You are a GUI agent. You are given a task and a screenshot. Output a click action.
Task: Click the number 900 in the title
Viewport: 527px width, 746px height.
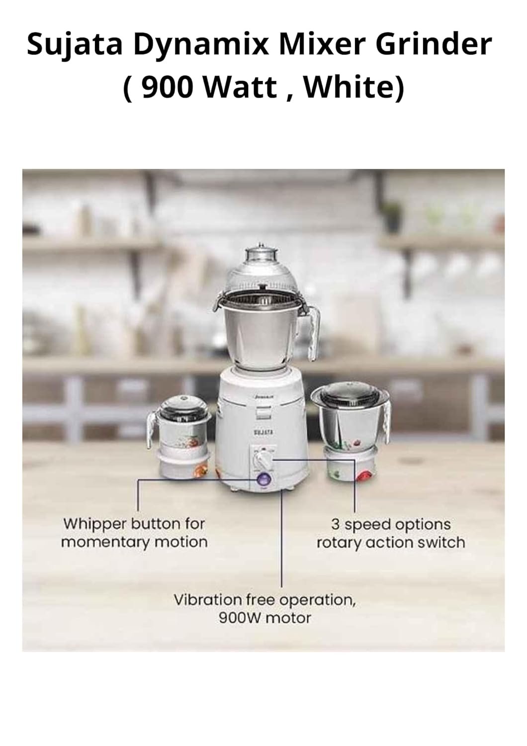tap(168, 88)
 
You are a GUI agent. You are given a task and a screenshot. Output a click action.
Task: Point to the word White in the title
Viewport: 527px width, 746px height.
tap(353, 88)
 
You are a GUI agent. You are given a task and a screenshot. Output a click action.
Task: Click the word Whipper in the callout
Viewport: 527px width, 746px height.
tap(94, 525)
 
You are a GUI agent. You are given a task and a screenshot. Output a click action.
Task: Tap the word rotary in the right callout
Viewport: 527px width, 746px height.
tap(340, 543)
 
